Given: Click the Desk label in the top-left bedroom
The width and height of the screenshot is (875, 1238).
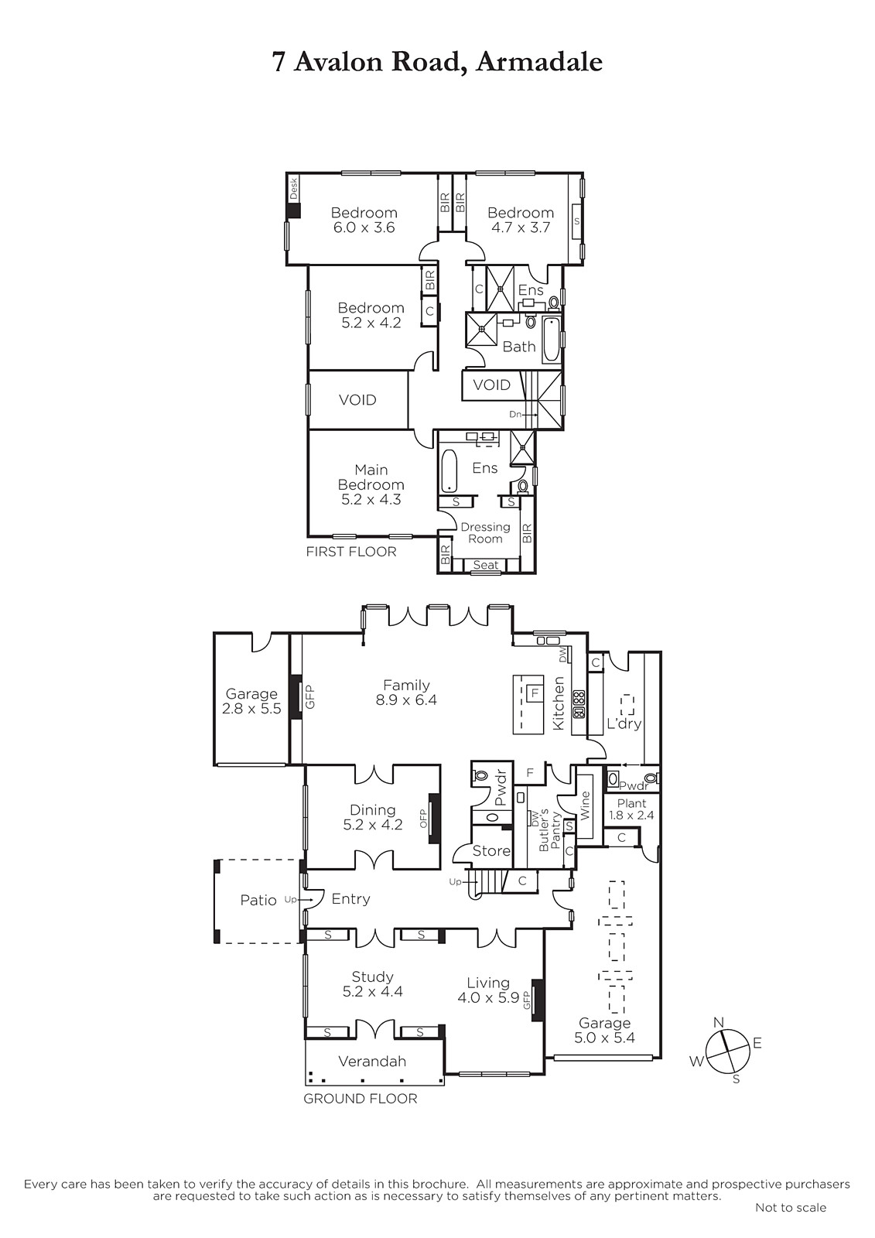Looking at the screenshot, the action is point(293,189).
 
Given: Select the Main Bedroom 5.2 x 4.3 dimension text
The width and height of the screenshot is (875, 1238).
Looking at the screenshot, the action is point(371,500).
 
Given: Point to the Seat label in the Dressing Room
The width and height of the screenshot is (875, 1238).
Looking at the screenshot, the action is point(486,565).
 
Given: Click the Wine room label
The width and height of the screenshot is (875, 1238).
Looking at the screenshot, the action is point(585,805).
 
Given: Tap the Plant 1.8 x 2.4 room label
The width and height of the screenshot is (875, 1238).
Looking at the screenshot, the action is point(631,809).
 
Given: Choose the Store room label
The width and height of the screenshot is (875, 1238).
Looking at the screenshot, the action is point(491,851).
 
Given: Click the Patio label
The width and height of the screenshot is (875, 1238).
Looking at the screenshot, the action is point(258,901).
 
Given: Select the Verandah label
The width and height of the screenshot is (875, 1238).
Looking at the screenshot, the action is point(372,1061).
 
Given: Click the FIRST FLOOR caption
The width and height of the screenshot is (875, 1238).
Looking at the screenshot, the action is point(351,552).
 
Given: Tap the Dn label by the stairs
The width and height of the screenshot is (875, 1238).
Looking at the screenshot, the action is point(514,415).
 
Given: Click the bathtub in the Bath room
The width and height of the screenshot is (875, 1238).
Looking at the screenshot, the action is point(552,340).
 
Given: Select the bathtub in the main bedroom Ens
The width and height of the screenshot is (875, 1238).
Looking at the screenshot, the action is point(449,471).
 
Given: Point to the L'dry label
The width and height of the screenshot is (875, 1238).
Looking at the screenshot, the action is point(624,723).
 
